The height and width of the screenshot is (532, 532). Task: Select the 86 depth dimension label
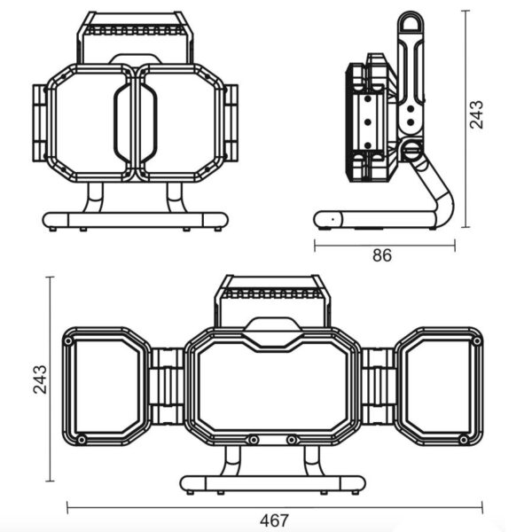tap(382, 256)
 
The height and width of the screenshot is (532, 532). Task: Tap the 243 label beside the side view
tap(477, 115)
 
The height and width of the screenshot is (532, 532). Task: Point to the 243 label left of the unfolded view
tap(39, 379)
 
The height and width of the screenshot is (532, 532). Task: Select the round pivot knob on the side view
tap(411, 152)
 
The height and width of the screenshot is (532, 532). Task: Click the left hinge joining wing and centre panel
tap(166, 386)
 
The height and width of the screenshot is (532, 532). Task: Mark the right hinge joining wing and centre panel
tap(378, 386)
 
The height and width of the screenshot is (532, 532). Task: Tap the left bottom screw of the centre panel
tap(253, 439)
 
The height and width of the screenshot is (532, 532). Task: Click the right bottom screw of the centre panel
tap(291, 439)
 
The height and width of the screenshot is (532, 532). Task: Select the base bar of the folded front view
tap(135, 220)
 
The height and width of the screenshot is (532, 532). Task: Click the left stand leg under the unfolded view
tap(232, 460)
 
